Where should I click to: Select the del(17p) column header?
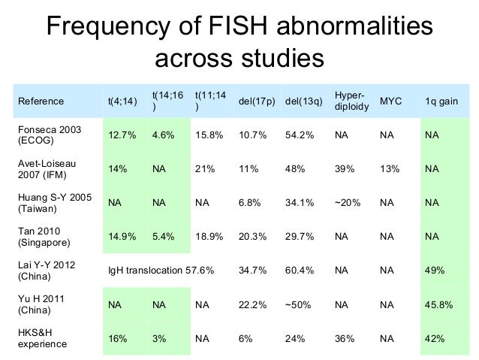pyautogui.click(x=256, y=101)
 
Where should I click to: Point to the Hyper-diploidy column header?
pyautogui.click(x=351, y=101)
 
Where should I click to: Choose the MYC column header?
pyautogui.click(x=390, y=101)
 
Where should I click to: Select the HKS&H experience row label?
pyautogui.click(x=42, y=339)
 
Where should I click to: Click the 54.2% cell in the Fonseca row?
pyautogui.click(x=300, y=136)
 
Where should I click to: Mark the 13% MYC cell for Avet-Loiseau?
pyautogui.click(x=390, y=170)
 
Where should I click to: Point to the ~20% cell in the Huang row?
pyautogui.click(x=346, y=203)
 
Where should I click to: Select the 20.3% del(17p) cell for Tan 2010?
pyautogui.click(x=252, y=237)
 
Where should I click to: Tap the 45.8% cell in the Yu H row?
pyautogui.click(x=438, y=305)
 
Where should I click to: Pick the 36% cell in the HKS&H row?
pyautogui.click(x=345, y=339)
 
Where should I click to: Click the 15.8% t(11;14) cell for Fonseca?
pyautogui.click(x=209, y=136)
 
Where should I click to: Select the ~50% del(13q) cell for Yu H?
pyautogui.click(x=299, y=305)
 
